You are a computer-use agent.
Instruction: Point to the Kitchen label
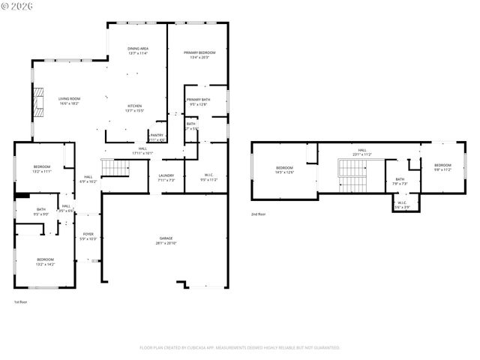[134, 108]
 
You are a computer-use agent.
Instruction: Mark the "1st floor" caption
[20, 302]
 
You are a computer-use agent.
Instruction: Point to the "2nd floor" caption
[258, 214]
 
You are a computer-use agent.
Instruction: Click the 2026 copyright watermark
[17, 6]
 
